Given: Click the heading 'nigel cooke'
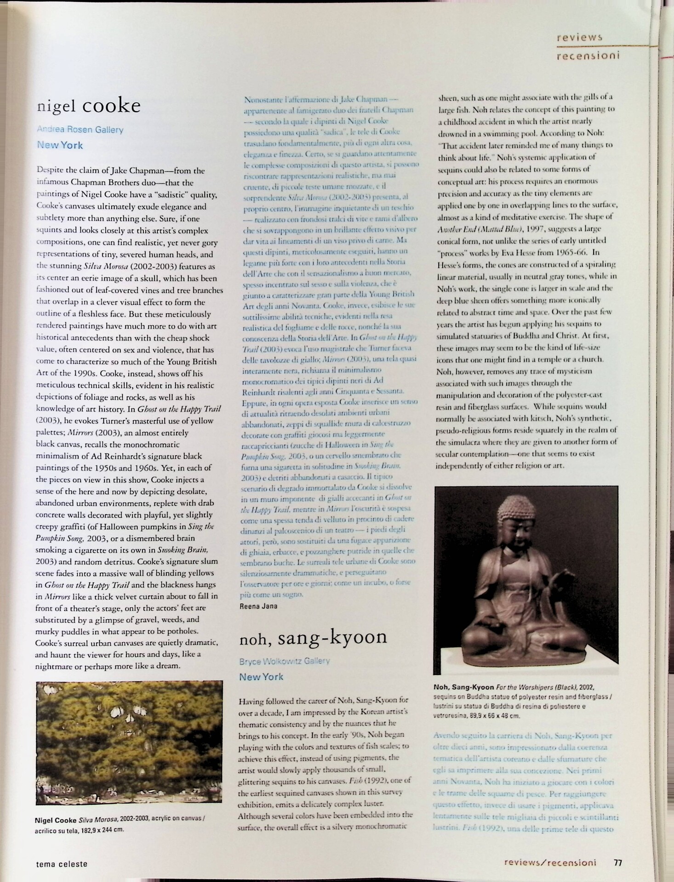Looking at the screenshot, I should click(89, 106).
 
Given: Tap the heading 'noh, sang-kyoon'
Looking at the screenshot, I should click(313, 637).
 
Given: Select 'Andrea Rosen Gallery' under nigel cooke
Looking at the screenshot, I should click(80, 130).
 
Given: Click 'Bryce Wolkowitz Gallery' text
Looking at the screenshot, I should click(284, 661).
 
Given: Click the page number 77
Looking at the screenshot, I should click(618, 862).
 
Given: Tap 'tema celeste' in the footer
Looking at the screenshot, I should click(62, 864).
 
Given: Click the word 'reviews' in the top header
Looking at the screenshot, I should click(579, 38).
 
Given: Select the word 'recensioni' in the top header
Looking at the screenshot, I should click(588, 56).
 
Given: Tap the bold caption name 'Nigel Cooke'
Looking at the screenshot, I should click(52, 820).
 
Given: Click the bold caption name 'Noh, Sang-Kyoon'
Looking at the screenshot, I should click(463, 687).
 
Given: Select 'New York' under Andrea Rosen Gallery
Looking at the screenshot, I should click(60, 145).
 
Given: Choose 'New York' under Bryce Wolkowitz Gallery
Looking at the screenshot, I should click(261, 677).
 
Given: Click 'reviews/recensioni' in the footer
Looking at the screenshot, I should click(550, 862).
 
